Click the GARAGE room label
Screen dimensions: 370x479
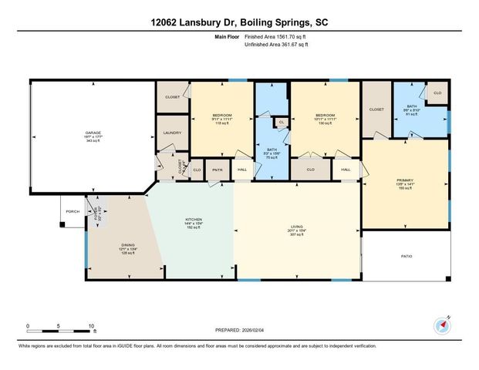(x=93, y=133)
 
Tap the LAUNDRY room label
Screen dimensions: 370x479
(x=172, y=133)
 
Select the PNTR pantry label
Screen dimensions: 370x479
(x=218, y=170)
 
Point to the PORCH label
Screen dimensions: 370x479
(x=73, y=210)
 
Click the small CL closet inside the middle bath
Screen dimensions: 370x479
(x=282, y=122)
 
